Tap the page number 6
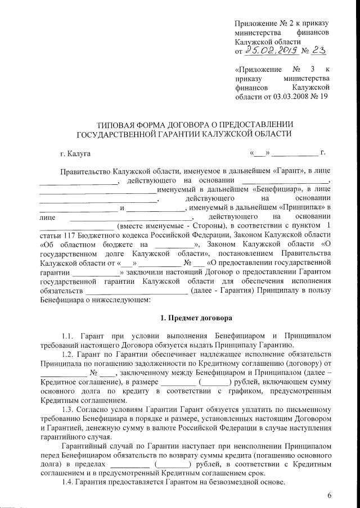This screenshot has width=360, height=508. coord(329,495)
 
